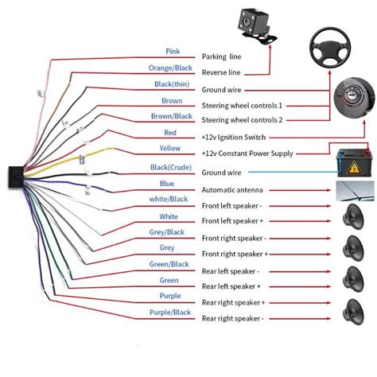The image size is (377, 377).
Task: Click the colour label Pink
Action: [173, 52]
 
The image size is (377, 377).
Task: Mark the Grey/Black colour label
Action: [166, 232]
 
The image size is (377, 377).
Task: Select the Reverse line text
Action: [227, 73]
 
